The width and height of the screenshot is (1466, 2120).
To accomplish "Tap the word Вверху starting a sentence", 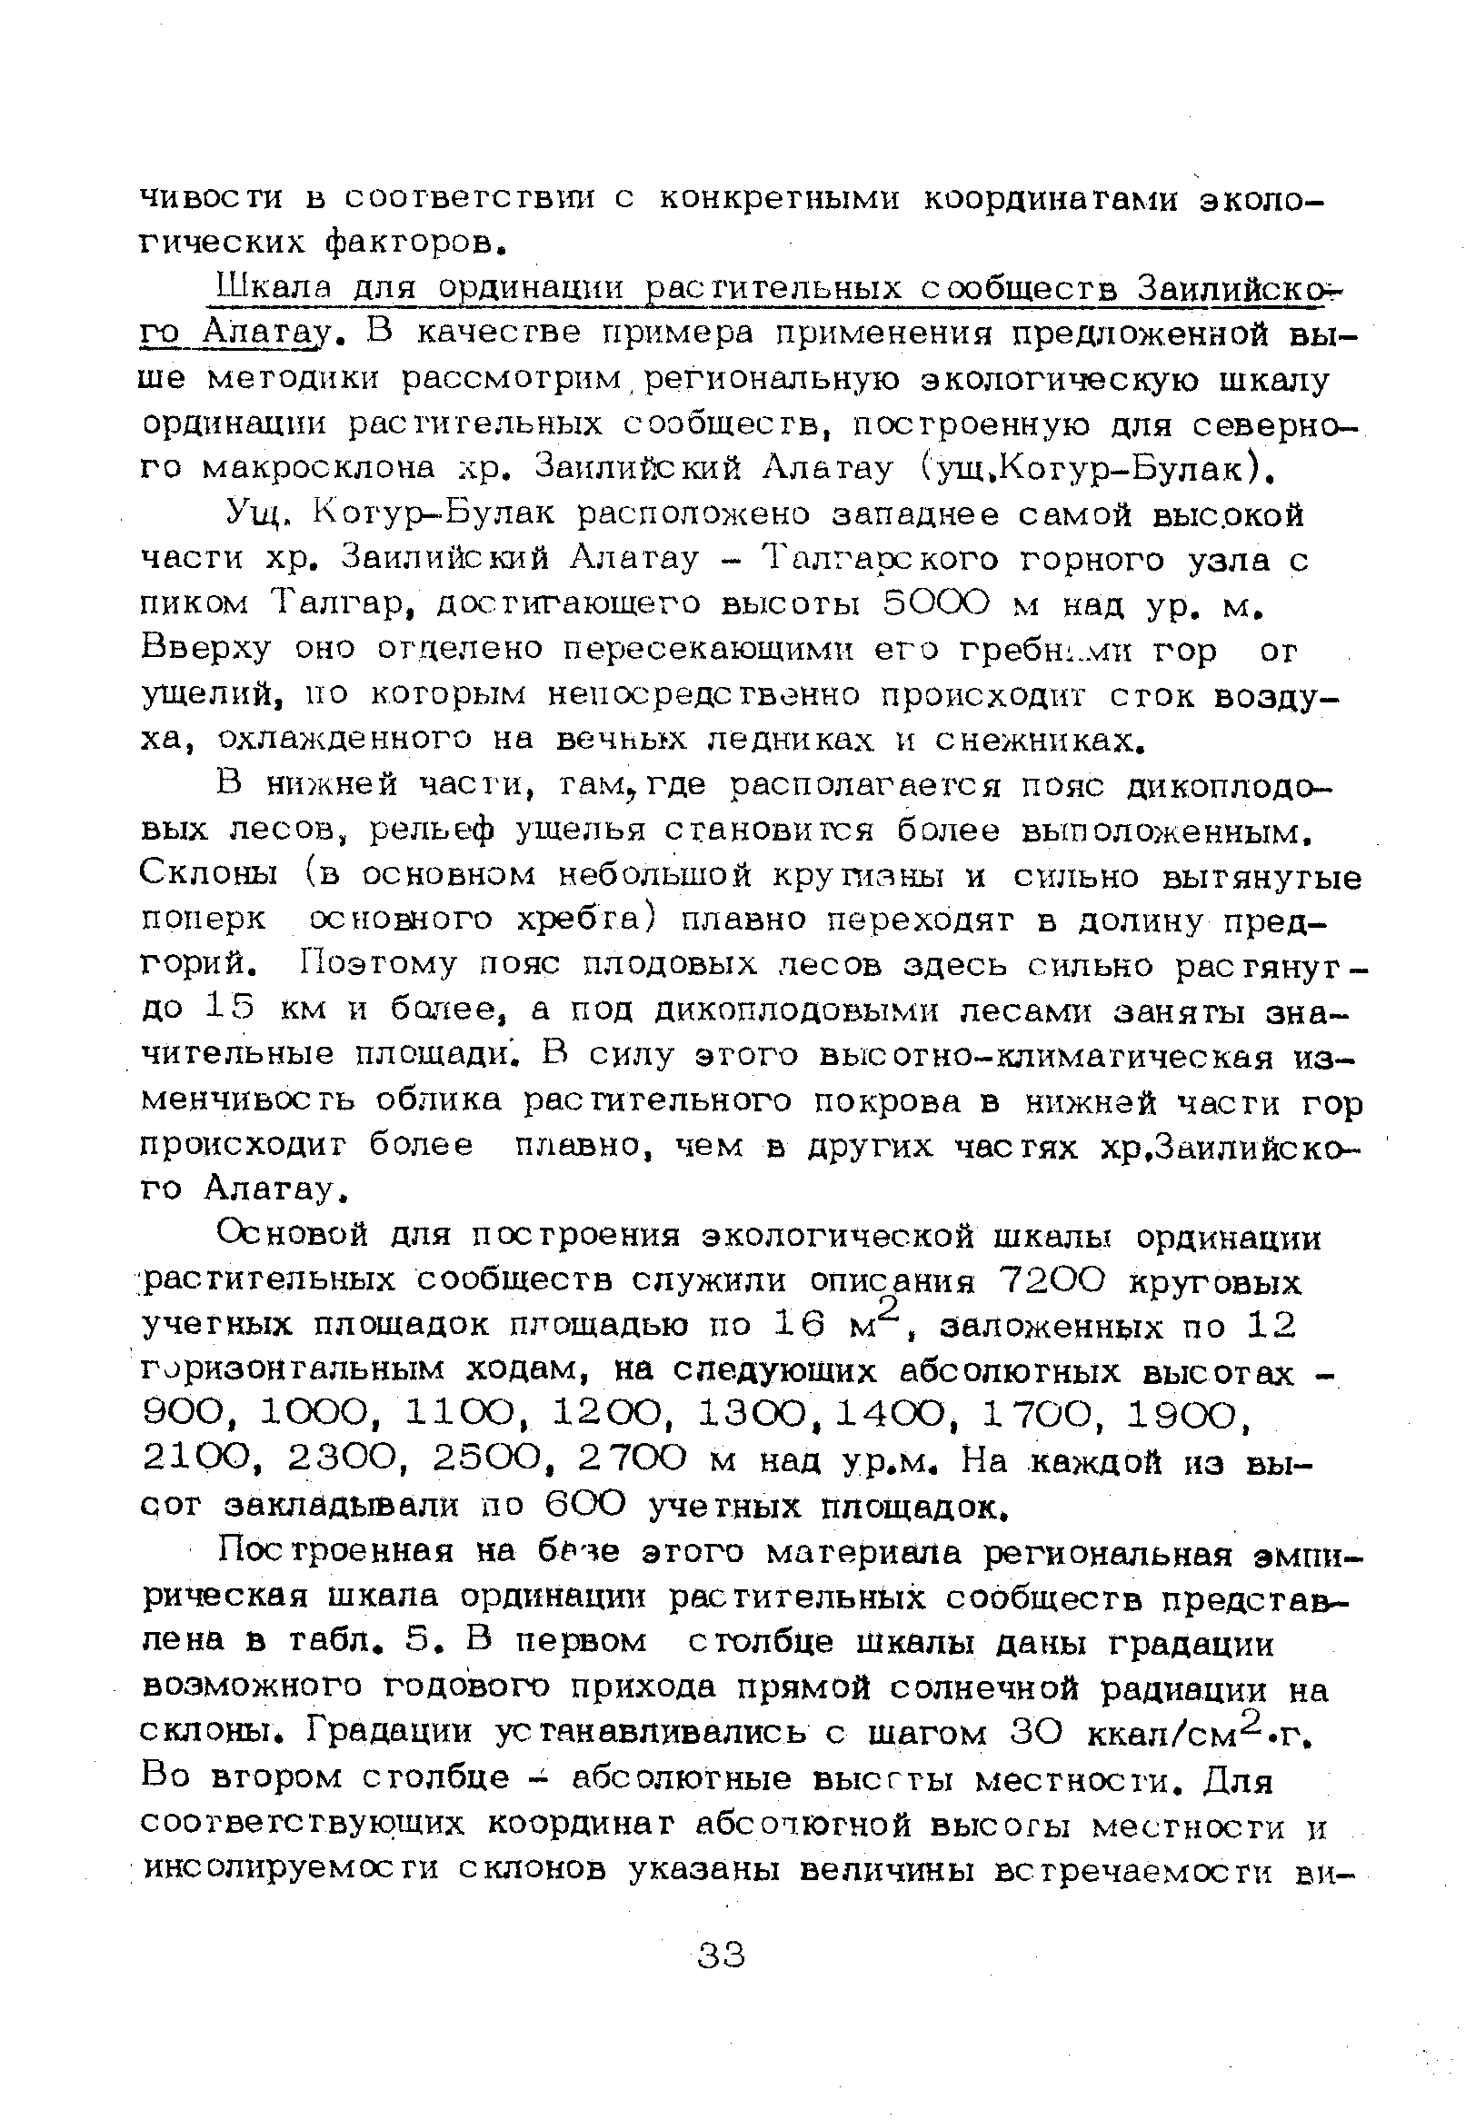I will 206,649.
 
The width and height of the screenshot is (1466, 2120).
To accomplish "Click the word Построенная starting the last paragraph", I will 335,1553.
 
